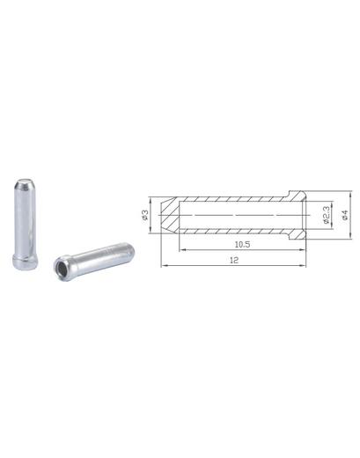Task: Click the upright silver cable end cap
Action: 25,224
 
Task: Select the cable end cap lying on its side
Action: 94,261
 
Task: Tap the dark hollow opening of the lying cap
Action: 62,268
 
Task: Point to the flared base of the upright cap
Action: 25,262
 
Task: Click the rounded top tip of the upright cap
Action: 25,182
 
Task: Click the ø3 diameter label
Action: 144,215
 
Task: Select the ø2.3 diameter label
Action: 327,215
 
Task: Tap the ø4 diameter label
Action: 344,215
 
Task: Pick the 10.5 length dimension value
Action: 242,244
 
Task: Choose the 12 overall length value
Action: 234,260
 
